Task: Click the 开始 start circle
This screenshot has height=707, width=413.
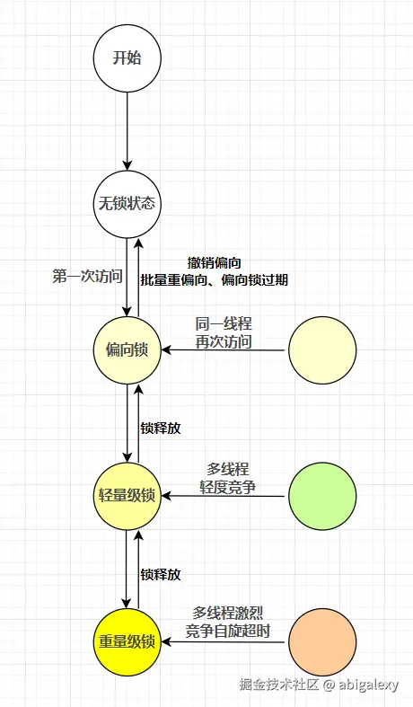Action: point(127,58)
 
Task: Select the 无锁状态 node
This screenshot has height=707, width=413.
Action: point(127,203)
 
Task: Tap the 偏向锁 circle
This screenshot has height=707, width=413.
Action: point(127,349)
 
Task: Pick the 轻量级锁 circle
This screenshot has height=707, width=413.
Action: point(127,496)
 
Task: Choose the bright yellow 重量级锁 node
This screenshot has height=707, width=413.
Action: point(127,641)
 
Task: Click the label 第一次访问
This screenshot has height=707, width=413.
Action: point(87,277)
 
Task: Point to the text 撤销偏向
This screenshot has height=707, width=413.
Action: point(215,262)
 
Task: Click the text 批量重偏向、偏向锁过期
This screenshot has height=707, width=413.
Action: point(215,279)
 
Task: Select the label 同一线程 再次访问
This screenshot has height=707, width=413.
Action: point(224,331)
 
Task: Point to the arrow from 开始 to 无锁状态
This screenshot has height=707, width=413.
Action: point(127,130)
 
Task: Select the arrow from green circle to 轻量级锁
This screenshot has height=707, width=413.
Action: point(224,497)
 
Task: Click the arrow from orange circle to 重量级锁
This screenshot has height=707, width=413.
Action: point(224,642)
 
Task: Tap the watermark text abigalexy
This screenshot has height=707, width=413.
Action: point(370,685)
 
